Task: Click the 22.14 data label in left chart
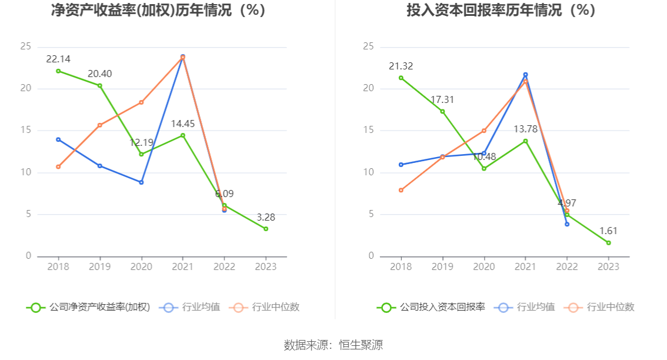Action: coord(58,59)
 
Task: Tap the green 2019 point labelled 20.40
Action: coord(99,86)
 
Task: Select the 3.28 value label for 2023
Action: coord(266,217)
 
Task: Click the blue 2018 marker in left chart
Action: coord(58,139)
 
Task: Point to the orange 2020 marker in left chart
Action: coord(141,102)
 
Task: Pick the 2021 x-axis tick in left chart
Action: coord(183,266)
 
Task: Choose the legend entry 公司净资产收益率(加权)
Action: coord(88,307)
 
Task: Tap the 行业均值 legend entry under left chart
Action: coord(191,307)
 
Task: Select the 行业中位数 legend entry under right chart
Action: coord(599,307)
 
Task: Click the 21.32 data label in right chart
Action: coord(401,66)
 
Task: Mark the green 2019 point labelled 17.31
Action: coord(442,111)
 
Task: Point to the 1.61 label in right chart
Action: coord(608,231)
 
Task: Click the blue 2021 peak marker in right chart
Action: coord(525,75)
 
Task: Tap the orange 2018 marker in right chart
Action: coord(401,190)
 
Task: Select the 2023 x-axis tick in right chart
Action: coord(608,266)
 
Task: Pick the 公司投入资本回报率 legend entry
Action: coord(432,307)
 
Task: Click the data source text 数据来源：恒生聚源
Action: coord(333,345)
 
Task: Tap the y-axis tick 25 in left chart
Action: coord(26,46)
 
